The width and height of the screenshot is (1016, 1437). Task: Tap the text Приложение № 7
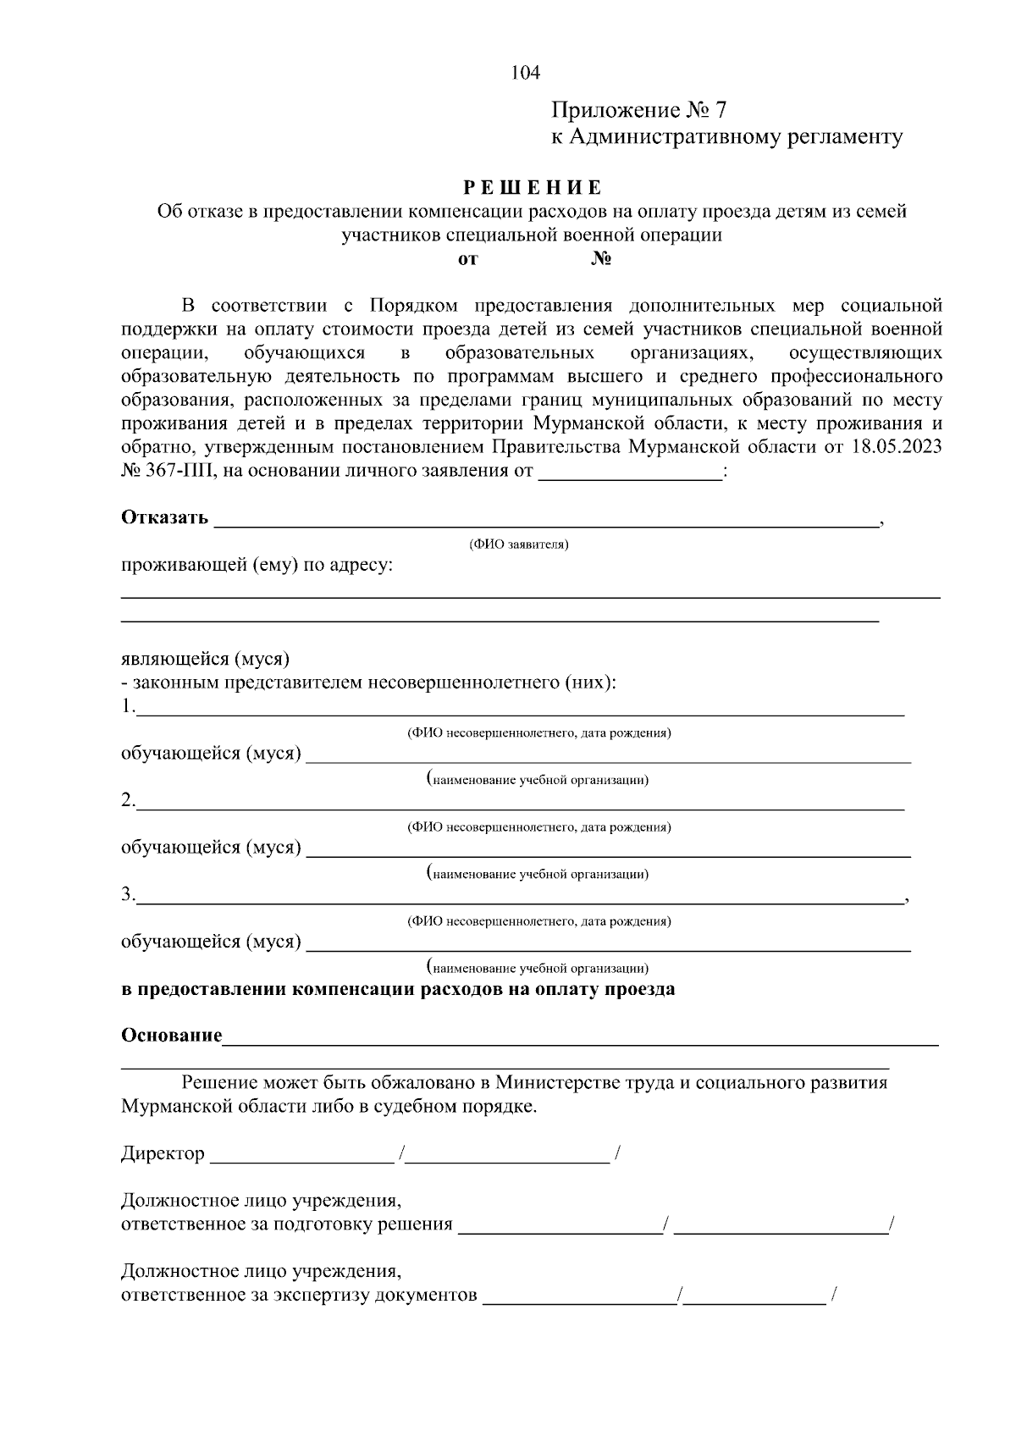639,111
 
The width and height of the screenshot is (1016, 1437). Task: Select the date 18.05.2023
894,447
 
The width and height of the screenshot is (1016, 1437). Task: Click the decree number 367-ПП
179,471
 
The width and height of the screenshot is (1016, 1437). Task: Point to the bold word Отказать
164,518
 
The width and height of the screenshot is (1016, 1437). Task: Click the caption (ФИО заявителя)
519,544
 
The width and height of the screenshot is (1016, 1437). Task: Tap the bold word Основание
171,1036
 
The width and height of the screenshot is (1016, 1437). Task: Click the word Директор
163,1154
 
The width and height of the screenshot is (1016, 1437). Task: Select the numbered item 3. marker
128,895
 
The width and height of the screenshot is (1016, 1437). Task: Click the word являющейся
174,659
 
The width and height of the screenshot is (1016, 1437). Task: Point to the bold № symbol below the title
601,259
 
